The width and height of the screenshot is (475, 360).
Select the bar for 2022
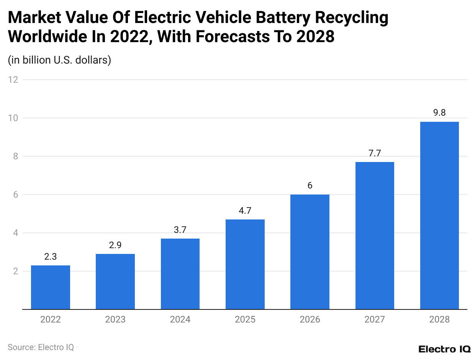50,287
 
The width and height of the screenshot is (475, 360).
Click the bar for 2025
245,264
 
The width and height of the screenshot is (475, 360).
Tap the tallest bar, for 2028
439,215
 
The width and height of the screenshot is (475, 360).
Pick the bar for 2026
310,252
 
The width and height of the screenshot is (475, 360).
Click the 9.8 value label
439,113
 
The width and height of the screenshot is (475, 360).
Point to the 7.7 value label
375,153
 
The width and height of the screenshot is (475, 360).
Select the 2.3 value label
50,257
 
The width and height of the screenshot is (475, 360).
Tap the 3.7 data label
180,230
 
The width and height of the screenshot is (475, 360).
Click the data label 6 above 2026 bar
310,186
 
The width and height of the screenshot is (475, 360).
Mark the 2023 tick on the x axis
115,319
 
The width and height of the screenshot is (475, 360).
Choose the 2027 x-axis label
375,319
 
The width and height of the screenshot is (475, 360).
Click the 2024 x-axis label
180,319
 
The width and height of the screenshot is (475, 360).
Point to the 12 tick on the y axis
14,80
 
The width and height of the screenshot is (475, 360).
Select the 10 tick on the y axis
14,118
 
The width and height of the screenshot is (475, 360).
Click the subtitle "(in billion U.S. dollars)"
59,60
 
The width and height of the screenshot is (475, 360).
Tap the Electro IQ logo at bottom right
444,349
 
